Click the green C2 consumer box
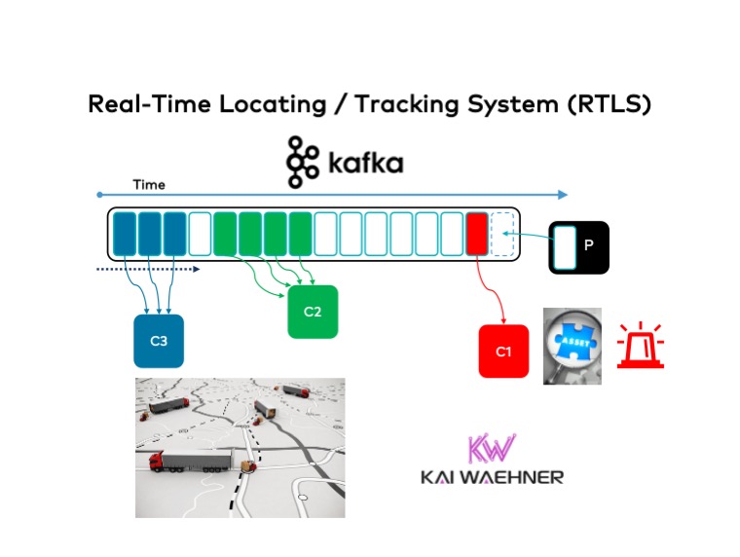[x=313, y=312]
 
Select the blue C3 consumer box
[x=159, y=341]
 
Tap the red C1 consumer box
[x=503, y=352]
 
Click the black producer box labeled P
[x=578, y=247]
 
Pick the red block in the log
[x=477, y=234]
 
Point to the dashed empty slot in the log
[x=502, y=234]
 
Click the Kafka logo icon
[x=303, y=162]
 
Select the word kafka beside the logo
[x=366, y=164]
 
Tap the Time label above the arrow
[x=149, y=185]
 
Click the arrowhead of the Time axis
[x=563, y=195]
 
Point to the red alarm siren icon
[x=641, y=345]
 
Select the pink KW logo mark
[x=492, y=448]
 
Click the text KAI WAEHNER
[x=492, y=477]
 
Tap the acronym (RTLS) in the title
[x=609, y=104]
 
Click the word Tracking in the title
[x=406, y=104]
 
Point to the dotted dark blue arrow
[x=148, y=269]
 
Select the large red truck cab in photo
[x=156, y=462]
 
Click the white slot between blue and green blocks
[x=200, y=234]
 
